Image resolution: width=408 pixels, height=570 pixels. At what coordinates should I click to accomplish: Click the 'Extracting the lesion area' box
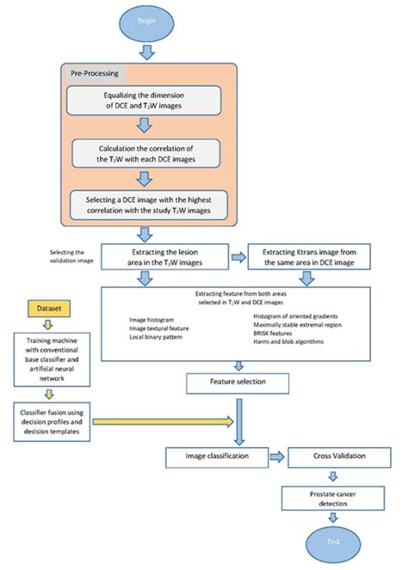pos(164,255)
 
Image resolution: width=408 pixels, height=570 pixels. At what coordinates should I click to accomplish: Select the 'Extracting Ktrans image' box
pos(308,255)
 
